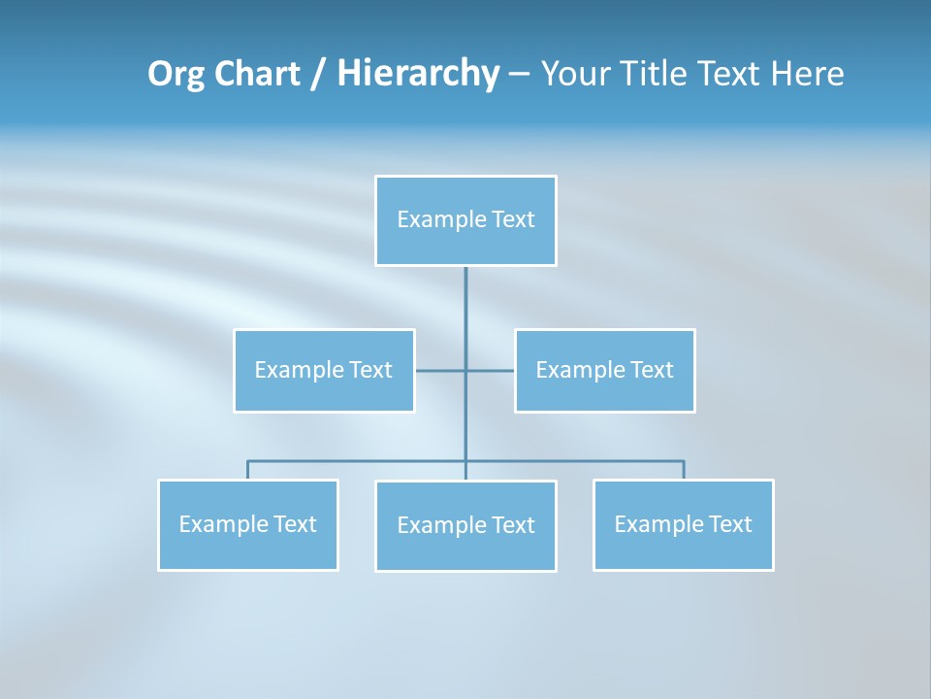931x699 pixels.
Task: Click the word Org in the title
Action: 176,74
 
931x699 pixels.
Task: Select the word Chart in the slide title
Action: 253,74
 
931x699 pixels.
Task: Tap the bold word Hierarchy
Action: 418,74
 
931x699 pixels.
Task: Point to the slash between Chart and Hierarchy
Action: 318,74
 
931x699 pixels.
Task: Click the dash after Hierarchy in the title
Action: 519,74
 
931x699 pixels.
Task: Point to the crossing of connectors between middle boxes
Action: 465,370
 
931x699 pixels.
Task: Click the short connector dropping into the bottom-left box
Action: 248,470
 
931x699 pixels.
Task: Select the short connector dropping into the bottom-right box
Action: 684,470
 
